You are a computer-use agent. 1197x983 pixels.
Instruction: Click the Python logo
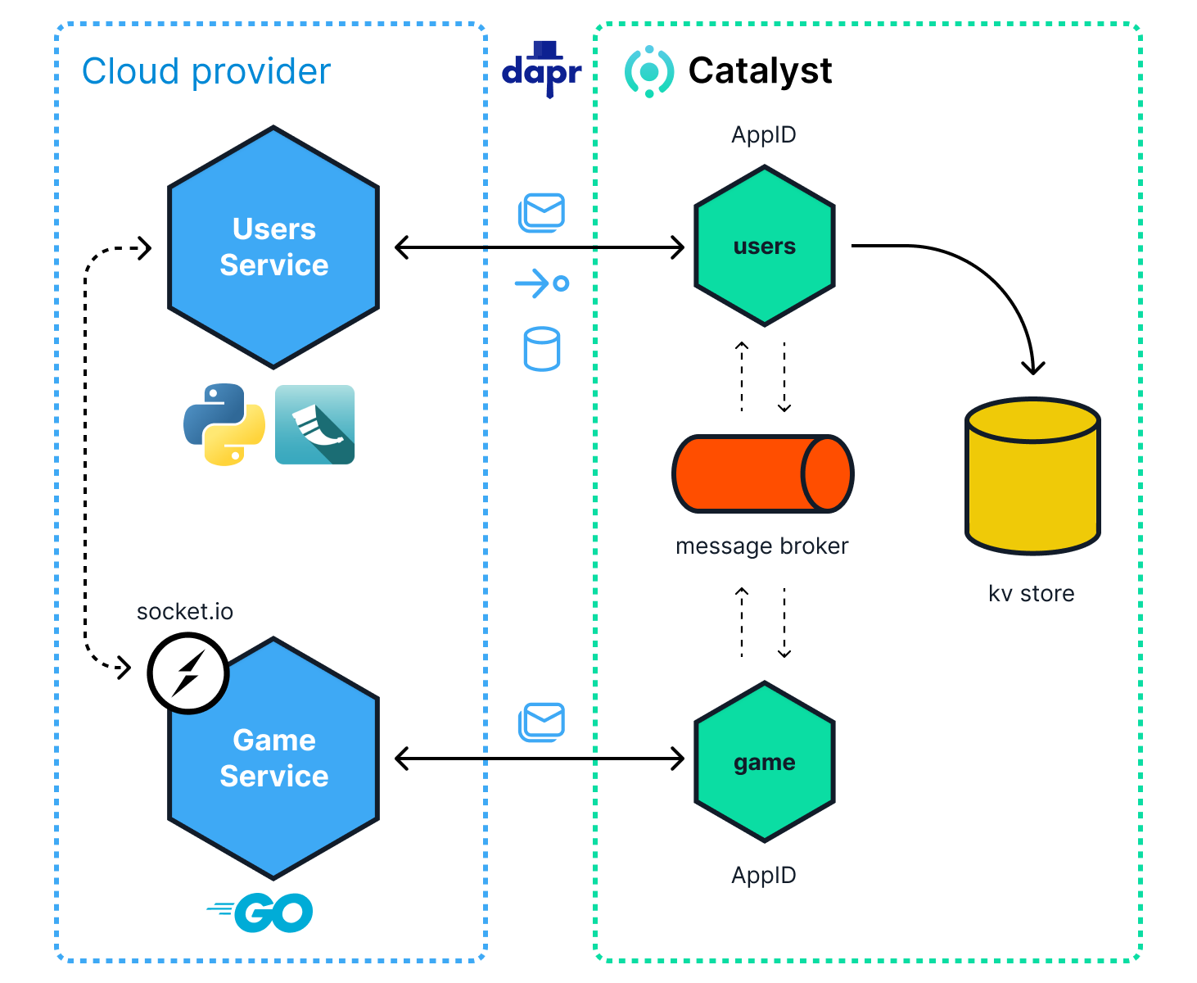(224, 424)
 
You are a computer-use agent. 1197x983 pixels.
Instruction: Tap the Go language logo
(261, 913)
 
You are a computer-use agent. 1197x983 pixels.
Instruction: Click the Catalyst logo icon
(649, 71)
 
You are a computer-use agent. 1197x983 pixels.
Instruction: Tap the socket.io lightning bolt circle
(187, 673)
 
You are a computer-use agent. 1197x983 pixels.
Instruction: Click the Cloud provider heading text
(206, 71)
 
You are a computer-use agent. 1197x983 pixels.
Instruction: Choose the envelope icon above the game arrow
(542, 722)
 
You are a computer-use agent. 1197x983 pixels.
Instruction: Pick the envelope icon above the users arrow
(542, 212)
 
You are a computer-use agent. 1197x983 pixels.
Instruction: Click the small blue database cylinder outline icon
(542, 349)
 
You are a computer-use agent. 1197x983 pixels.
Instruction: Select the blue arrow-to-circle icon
(542, 283)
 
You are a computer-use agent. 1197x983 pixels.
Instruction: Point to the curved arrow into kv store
(982, 279)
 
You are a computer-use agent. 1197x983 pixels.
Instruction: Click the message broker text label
(761, 546)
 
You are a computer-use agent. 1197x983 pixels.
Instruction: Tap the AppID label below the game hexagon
(764, 875)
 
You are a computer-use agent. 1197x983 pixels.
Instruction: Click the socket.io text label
(185, 612)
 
